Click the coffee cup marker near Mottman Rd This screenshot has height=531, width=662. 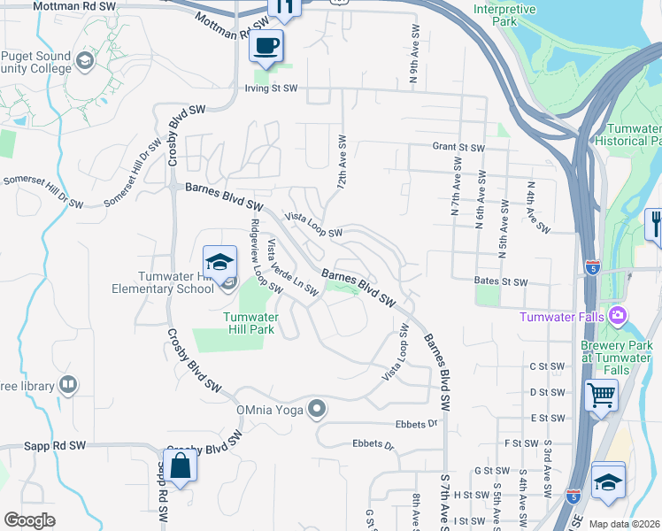266,45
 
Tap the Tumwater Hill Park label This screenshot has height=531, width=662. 251,323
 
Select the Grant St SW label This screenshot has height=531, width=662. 458,148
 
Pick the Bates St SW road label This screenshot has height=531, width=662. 500,282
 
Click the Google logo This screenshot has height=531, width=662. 29,520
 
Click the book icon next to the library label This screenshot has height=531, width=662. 67,385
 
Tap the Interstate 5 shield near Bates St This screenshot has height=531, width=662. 593,265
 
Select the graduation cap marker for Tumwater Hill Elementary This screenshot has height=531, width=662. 219,262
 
